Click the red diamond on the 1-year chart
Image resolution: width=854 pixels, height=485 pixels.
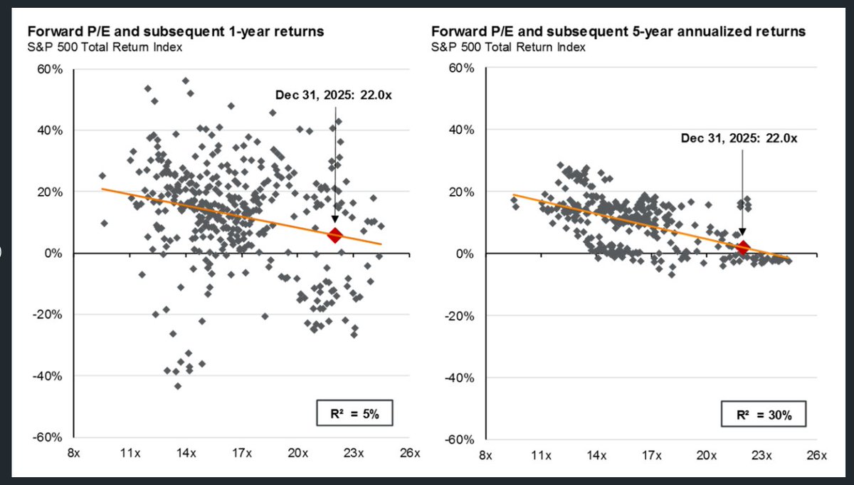point(334,235)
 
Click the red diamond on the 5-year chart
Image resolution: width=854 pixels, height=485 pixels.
point(742,248)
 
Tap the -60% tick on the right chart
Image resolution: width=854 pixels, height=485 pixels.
point(460,438)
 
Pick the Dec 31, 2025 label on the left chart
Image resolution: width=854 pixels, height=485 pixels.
point(334,95)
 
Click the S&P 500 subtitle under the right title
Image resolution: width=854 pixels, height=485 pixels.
point(508,48)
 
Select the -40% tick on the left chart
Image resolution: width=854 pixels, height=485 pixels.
point(51,377)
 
